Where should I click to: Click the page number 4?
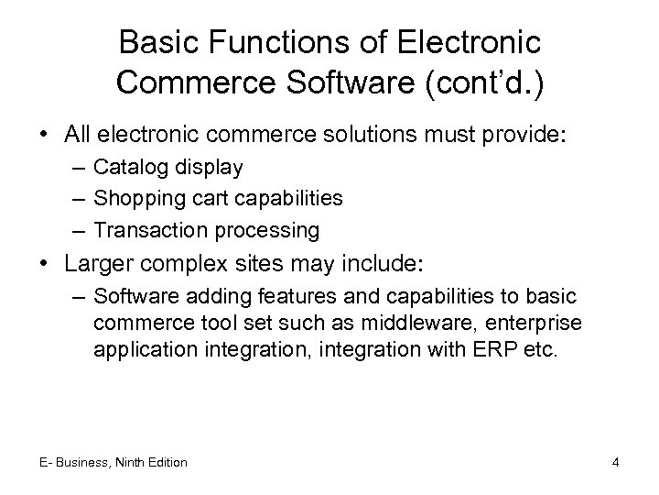point(616,462)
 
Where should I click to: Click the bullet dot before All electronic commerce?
point(45,136)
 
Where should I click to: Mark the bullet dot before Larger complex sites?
point(45,265)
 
